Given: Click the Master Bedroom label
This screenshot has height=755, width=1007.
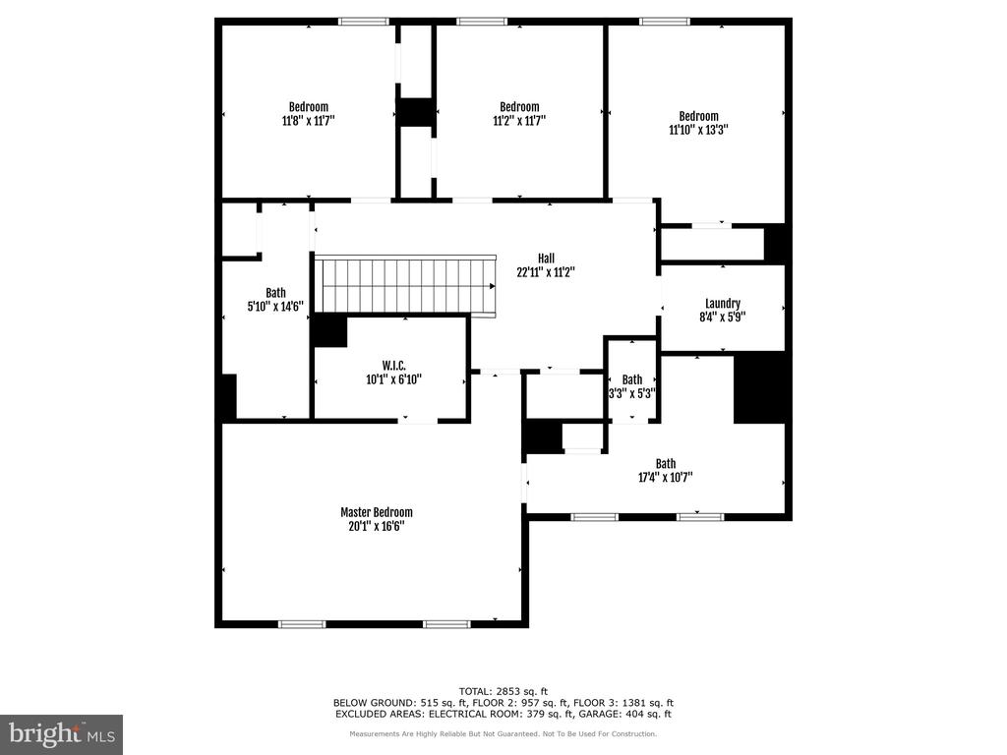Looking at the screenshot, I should tap(376, 512).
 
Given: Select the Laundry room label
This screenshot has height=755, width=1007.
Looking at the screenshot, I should tap(723, 304).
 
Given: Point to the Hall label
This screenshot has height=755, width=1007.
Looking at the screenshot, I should tap(546, 259).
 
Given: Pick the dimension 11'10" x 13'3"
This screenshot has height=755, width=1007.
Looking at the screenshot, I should tap(698, 129).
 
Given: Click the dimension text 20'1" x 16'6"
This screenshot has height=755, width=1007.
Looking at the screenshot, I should tap(376, 526).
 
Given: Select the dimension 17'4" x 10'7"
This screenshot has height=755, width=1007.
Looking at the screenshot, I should tap(666, 478).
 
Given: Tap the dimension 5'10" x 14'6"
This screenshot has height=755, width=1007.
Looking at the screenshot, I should tap(275, 306).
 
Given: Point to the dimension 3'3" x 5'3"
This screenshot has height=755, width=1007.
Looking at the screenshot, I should tap(632, 392).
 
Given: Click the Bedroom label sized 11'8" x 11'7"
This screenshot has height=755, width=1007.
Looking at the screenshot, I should tap(308, 107).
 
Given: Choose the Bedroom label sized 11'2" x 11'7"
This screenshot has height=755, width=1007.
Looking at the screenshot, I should tap(519, 107).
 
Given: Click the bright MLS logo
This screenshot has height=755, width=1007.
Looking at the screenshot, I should tap(61, 733).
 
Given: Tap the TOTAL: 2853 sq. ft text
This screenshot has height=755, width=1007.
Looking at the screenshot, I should tap(503, 690).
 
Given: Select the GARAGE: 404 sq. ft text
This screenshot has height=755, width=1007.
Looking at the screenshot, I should tap(633, 714).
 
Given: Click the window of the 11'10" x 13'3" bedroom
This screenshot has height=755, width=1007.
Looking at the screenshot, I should tap(664, 21).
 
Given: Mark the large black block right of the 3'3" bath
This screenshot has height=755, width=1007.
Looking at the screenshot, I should tap(760, 387).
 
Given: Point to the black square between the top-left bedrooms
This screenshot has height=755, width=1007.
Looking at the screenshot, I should tap(416, 112).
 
